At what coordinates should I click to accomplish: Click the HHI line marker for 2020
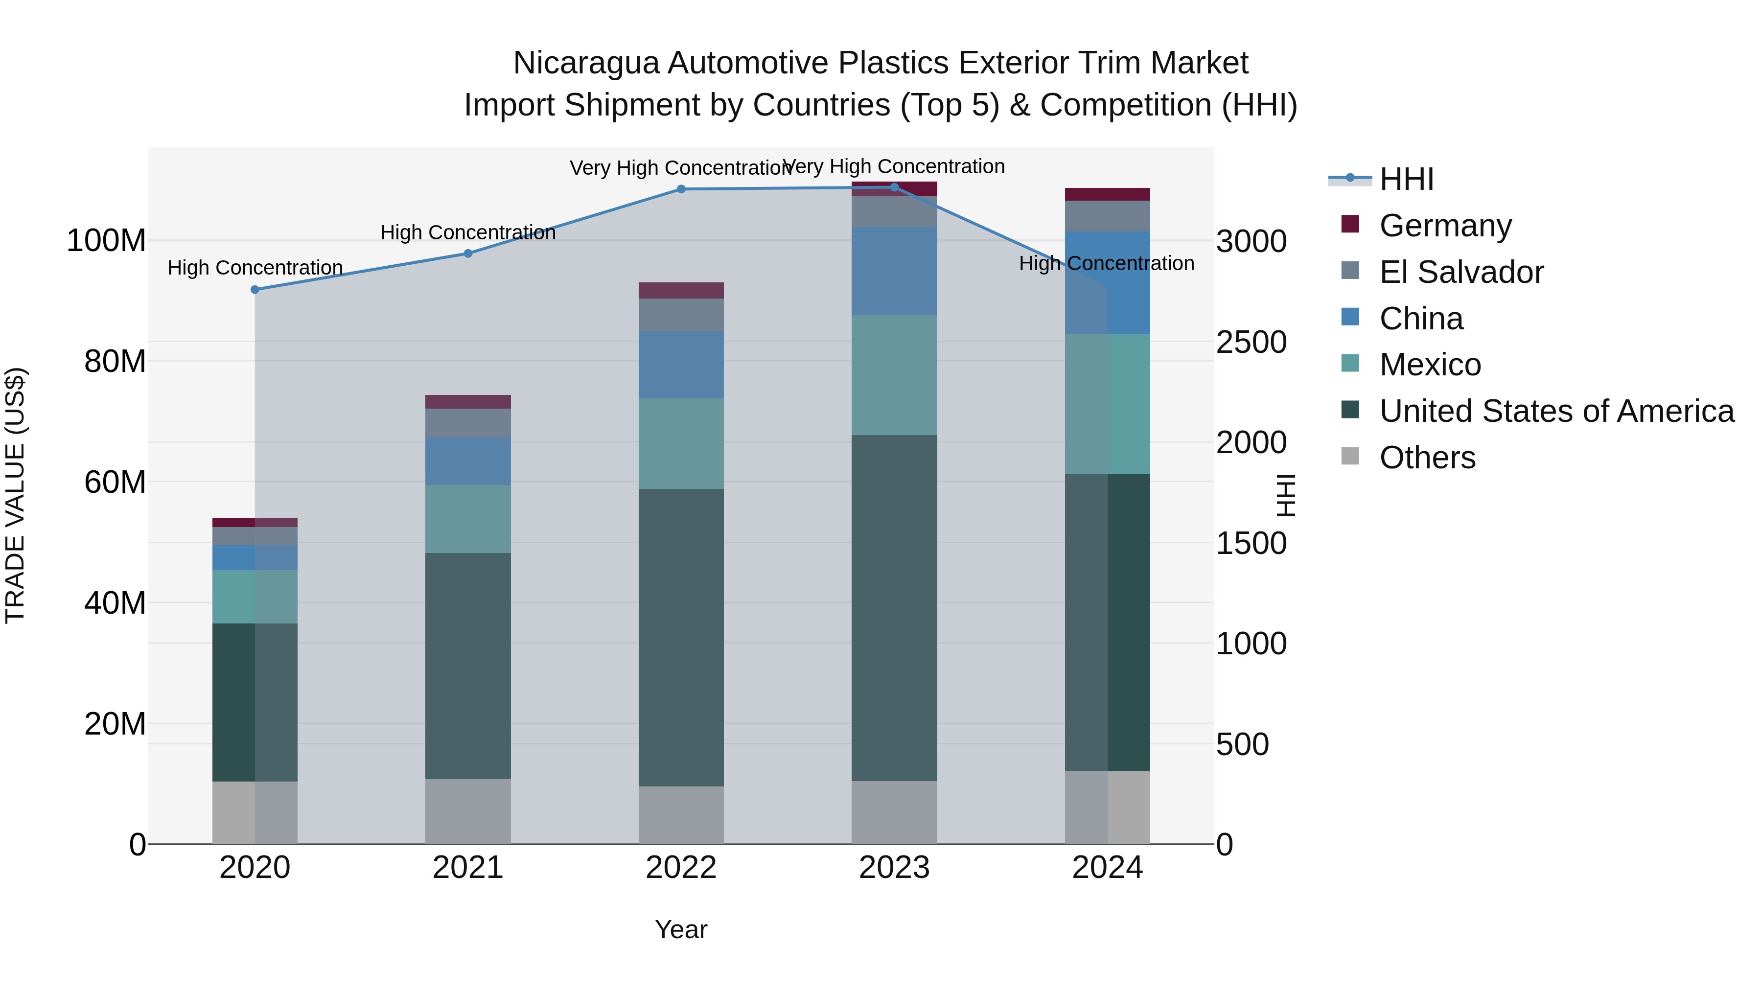(255, 290)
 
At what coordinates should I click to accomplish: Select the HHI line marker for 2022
(681, 189)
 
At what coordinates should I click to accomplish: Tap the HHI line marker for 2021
(468, 254)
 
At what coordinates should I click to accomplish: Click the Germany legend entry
(1445, 226)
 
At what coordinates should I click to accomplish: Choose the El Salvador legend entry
(1461, 272)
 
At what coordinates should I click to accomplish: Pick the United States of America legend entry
(1556, 411)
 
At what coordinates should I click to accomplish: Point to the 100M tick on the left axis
(106, 241)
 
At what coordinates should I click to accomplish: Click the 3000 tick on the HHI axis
(1251, 241)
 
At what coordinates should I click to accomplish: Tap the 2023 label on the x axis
(894, 868)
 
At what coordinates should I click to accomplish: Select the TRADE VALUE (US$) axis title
(15, 495)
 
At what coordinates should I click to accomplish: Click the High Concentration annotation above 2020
(255, 268)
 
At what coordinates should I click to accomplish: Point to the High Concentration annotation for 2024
(1106, 263)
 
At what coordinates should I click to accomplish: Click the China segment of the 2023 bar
(894, 271)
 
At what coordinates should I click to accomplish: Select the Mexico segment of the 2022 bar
(681, 443)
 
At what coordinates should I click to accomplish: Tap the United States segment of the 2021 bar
(468, 666)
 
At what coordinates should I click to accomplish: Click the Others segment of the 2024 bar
(1108, 807)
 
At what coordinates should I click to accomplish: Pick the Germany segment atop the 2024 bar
(1108, 194)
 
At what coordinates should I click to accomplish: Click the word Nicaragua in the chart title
(589, 63)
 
